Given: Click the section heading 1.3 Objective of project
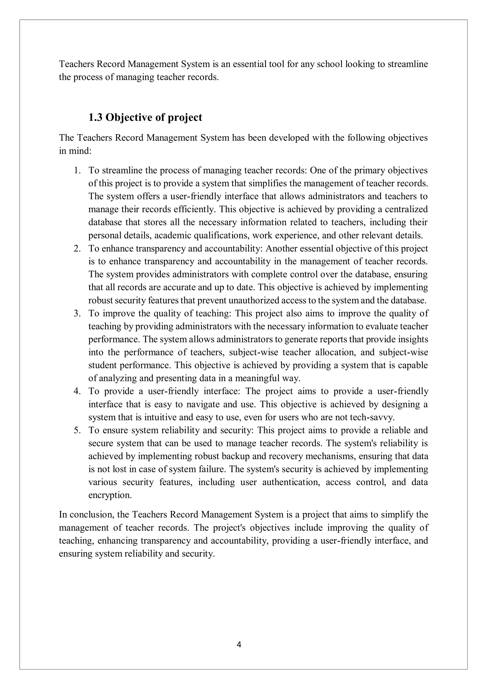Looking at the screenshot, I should [145, 117].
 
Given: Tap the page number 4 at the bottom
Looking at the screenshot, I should [239, 645].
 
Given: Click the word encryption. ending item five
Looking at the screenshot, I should [110, 495].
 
